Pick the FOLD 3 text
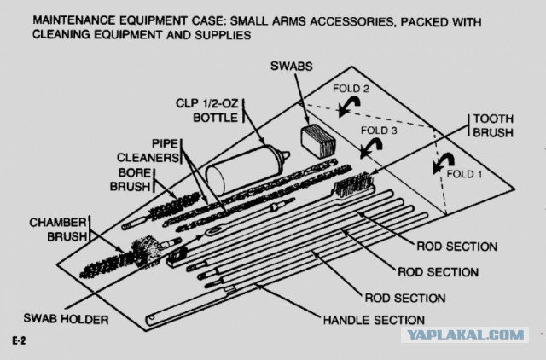click(380, 132)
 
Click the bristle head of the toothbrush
click(348, 184)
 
